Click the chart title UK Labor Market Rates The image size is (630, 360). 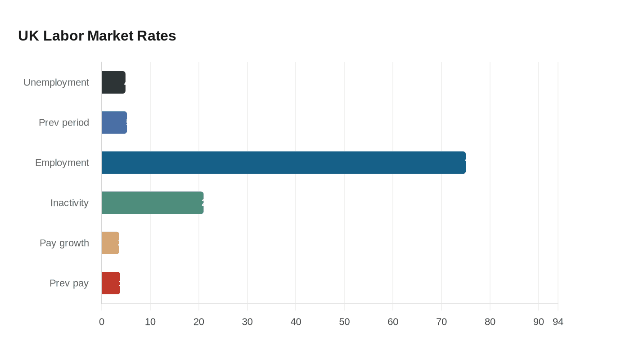click(97, 36)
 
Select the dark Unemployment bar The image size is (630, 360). click(113, 82)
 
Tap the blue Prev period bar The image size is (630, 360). click(114, 122)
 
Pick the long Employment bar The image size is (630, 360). click(283, 162)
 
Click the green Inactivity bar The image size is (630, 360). click(153, 202)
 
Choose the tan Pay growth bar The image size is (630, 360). click(110, 243)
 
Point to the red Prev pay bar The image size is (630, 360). click(111, 283)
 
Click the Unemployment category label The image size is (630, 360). click(56, 82)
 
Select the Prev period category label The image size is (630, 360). click(64, 122)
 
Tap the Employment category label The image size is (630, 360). click(62, 162)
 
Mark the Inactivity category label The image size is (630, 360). click(69, 202)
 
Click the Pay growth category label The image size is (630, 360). click(64, 243)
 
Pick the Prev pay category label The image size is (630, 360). click(69, 283)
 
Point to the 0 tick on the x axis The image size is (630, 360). click(102, 322)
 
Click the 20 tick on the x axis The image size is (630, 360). click(199, 322)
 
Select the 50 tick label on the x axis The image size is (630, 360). click(344, 322)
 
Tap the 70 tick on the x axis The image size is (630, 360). click(441, 322)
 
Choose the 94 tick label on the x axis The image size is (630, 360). click(558, 322)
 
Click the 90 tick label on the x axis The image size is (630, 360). click(539, 322)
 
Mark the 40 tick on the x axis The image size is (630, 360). click(296, 322)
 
